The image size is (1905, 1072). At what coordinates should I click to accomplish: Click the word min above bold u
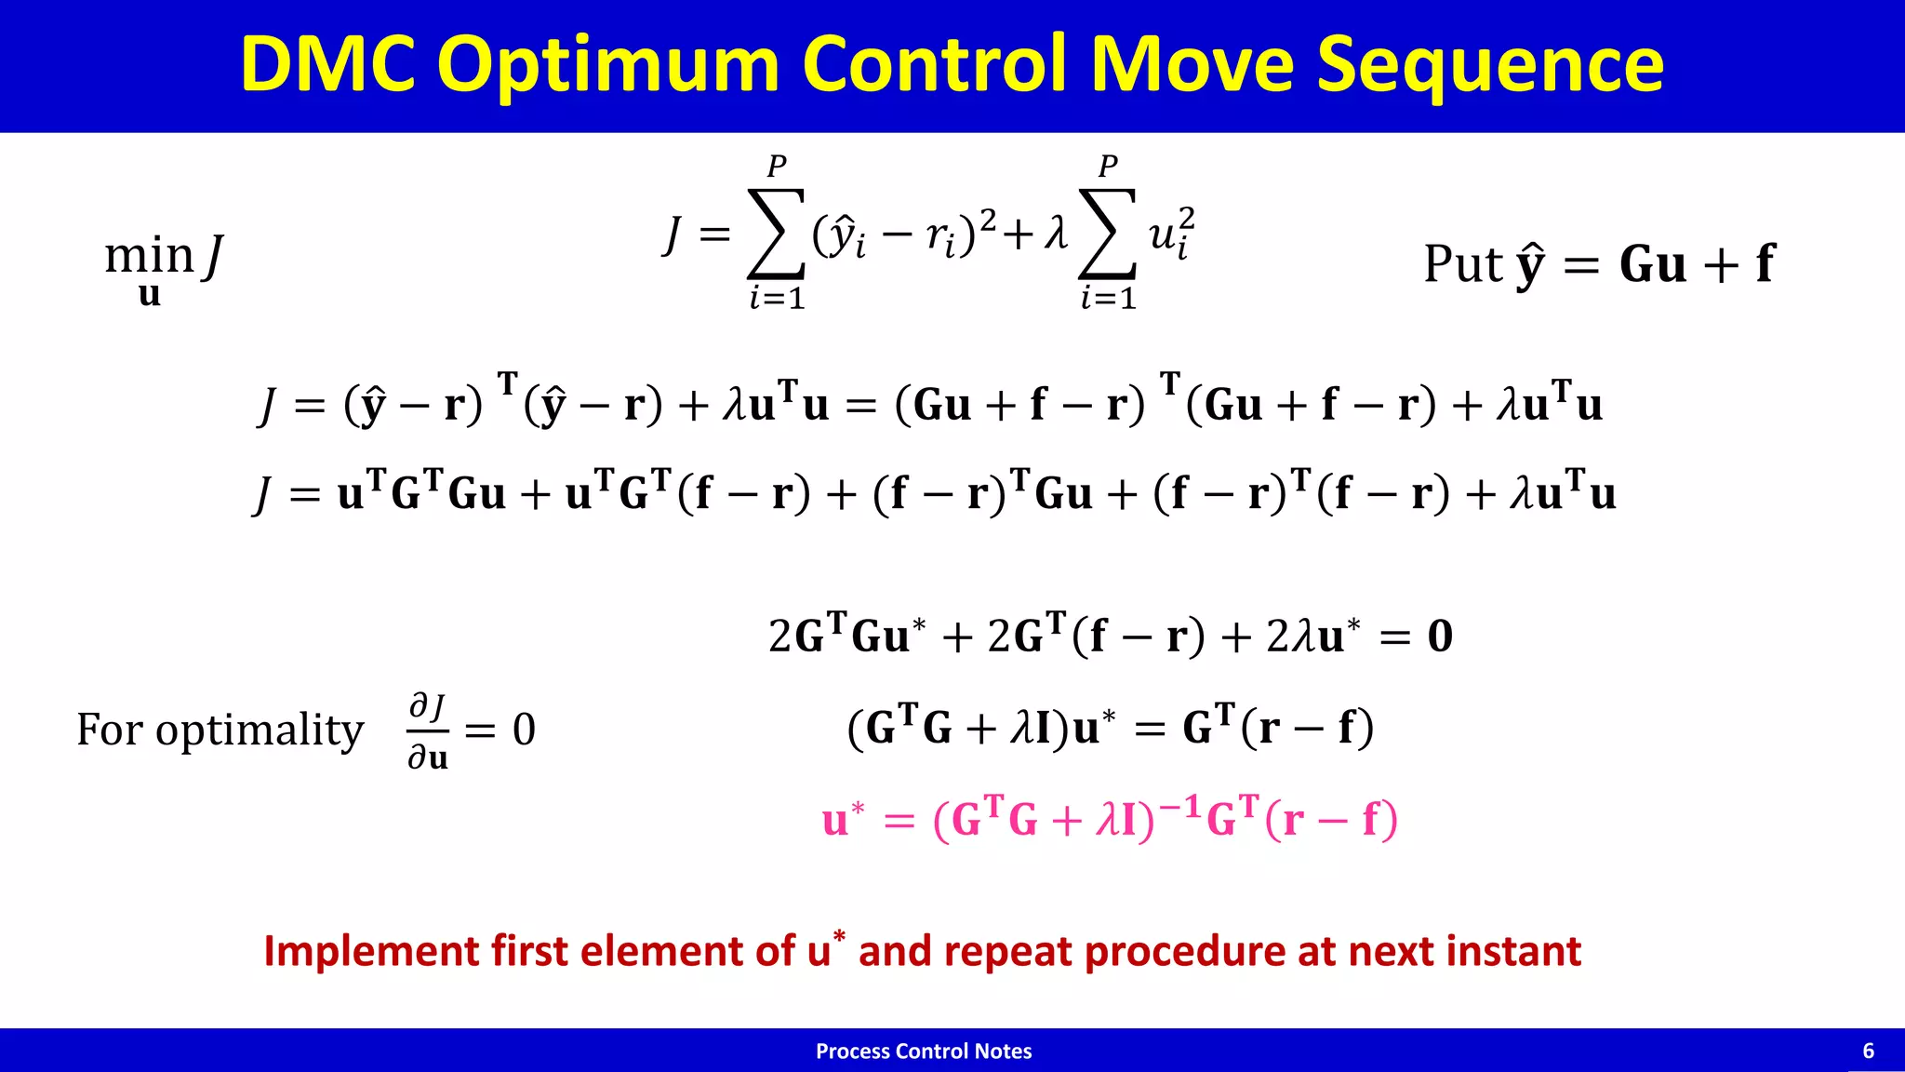pos(149,254)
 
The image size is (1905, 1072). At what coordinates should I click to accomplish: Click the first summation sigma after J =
pos(776,234)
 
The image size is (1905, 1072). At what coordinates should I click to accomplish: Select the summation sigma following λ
pos(1107,234)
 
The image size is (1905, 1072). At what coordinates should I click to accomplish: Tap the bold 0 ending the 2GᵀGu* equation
pos(1439,636)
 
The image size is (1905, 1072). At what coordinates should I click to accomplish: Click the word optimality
pos(260,730)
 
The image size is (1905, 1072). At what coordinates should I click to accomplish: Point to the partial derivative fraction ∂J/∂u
pos(428,730)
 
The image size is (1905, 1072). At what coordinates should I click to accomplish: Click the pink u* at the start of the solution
pos(843,819)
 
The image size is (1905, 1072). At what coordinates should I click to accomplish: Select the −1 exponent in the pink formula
pos(1179,806)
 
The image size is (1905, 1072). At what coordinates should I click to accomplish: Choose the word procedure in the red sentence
pos(1185,952)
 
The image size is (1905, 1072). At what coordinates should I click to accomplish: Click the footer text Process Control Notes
pos(924,1052)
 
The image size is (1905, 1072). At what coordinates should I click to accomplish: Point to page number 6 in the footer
pos(1868,1052)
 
